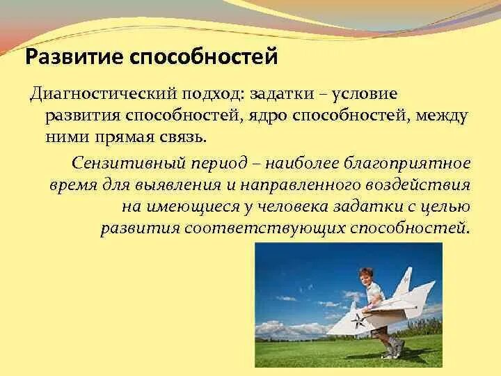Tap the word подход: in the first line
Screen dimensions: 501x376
pyautogui.click(x=214, y=94)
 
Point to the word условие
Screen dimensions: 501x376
pyautogui.click(x=364, y=95)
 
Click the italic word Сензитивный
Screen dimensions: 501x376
pyautogui.click(x=129, y=164)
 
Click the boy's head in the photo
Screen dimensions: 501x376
pyautogui.click(x=366, y=276)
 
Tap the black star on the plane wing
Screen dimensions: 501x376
pyautogui.click(x=359, y=320)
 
